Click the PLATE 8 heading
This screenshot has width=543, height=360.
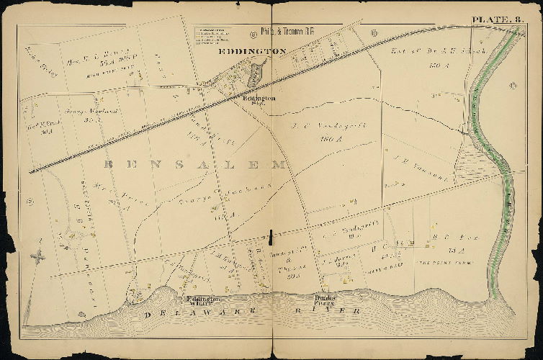[491, 19]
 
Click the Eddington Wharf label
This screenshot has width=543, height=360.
[202, 301]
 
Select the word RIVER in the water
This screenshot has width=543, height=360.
[338, 311]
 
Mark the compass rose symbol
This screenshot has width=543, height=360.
[40, 255]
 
